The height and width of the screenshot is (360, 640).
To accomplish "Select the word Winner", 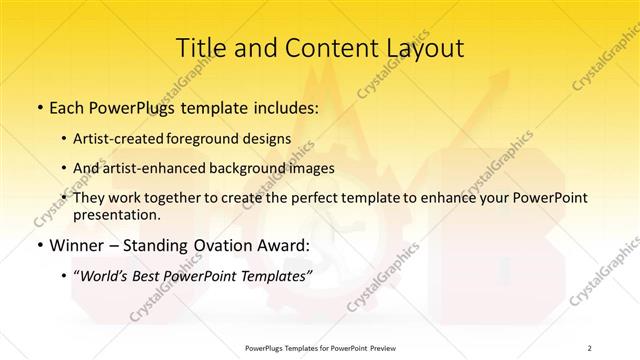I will [72, 245].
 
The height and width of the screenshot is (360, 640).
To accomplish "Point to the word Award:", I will [285, 245].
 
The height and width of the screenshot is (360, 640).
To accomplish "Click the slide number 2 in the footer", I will [590, 347].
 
